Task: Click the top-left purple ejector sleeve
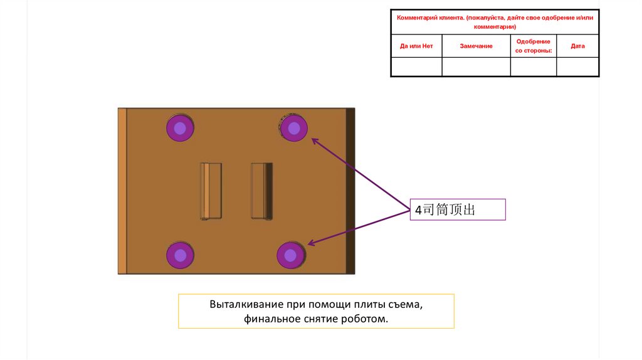coord(180,129)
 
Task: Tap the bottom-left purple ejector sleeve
coord(180,255)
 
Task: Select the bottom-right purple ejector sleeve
coord(290,255)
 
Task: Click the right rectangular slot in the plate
coord(261,191)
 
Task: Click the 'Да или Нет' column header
coord(416,46)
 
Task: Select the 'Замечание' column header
coord(476,46)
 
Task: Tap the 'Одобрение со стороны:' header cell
coord(534,46)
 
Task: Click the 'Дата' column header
coord(577,46)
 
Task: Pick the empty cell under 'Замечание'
coord(476,66)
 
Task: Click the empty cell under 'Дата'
coord(577,66)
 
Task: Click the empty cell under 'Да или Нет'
coord(416,66)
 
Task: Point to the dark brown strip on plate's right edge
coord(350,191)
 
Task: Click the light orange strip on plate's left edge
coord(122,191)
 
